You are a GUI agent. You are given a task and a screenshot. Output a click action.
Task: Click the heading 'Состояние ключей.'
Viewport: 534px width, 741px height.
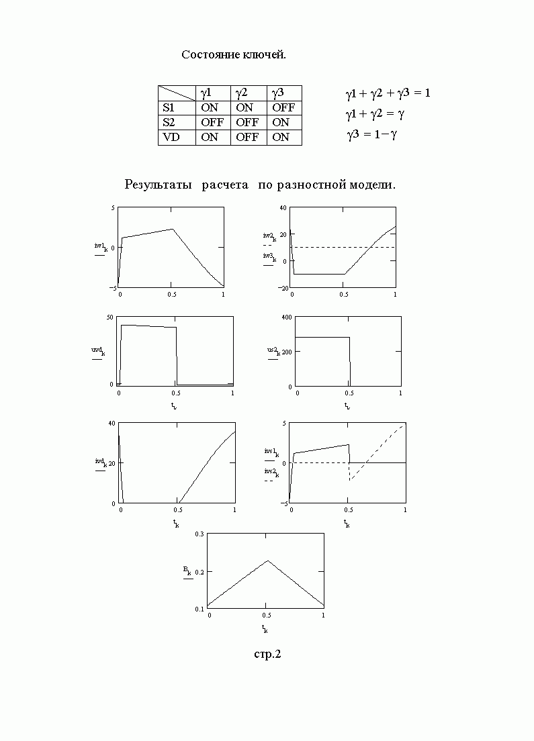pos(234,54)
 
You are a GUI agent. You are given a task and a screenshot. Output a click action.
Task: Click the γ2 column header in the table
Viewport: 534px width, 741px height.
pos(242,93)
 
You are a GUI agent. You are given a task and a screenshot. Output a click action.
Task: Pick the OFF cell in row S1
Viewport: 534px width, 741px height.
pos(283,107)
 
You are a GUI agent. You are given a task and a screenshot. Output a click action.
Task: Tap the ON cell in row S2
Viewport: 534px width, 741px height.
pos(281,122)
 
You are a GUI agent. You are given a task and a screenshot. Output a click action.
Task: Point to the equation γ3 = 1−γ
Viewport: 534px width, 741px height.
pos(372,135)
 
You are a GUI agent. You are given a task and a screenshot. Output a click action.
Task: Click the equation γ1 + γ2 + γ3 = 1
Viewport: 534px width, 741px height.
pos(388,93)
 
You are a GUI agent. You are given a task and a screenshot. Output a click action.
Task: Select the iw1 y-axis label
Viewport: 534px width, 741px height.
pos(101,246)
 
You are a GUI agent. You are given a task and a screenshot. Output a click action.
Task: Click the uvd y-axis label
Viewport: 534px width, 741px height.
pos(98,350)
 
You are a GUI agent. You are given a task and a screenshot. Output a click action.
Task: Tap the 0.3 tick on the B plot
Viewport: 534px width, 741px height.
pos(198,534)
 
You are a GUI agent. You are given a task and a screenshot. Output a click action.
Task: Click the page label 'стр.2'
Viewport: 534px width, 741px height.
pos(267,654)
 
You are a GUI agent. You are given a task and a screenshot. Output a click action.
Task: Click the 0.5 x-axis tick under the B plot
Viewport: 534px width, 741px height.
pos(266,615)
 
